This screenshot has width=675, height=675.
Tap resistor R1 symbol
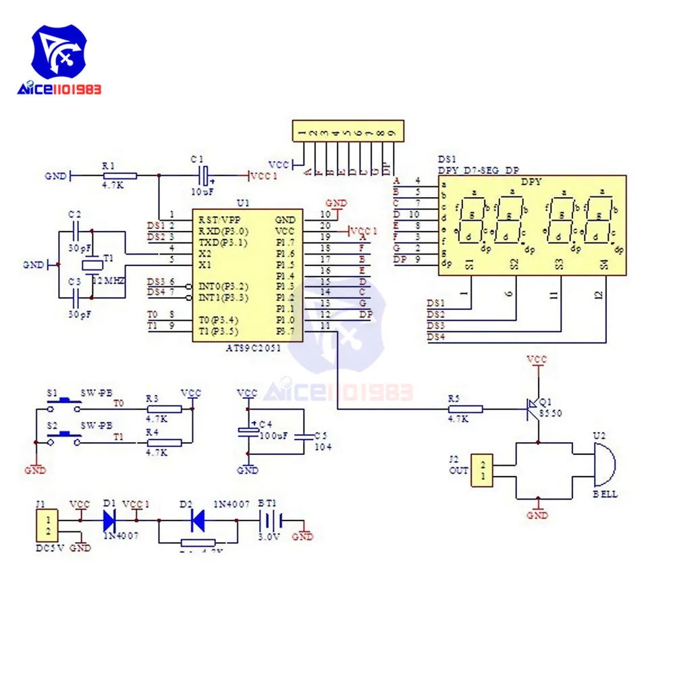[x=119, y=175]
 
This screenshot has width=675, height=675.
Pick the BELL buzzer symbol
[x=603, y=466]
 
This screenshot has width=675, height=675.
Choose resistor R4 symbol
[x=164, y=442]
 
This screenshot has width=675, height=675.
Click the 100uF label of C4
[x=273, y=436]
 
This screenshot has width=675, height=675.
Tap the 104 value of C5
[x=324, y=447]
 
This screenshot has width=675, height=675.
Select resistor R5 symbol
[x=465, y=408]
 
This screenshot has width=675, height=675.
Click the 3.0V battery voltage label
[x=269, y=537]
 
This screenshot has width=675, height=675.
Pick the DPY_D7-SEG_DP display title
[x=479, y=170]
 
